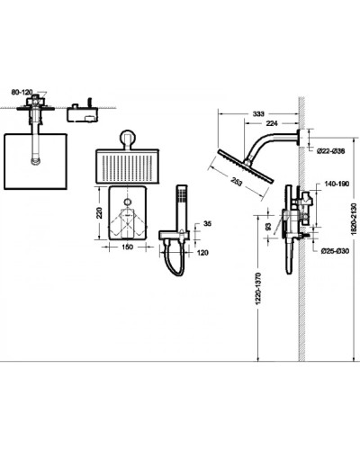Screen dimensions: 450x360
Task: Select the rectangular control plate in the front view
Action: pyautogui.click(x=126, y=215)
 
